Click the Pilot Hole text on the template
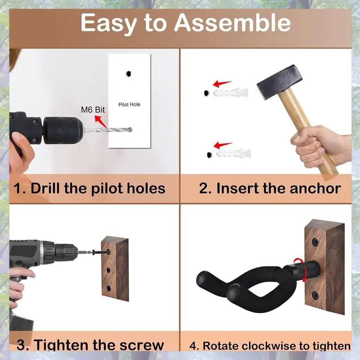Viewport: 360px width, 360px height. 129,104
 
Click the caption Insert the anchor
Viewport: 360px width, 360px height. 270,188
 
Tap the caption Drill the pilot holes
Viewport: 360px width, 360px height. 89,188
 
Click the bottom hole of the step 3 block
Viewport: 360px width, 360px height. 108,287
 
